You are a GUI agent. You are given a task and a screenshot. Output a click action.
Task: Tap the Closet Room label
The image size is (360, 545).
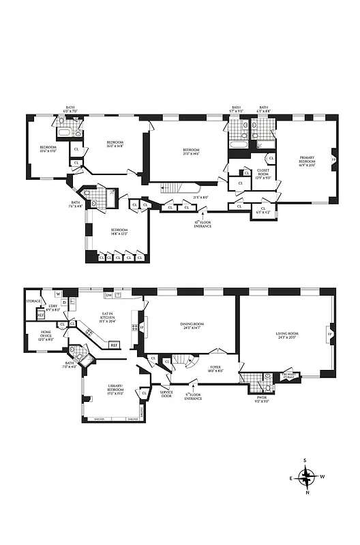point(262,173)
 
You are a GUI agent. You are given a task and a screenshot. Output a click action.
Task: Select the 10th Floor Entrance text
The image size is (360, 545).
point(202,223)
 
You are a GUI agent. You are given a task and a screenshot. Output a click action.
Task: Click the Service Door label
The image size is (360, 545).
point(166,394)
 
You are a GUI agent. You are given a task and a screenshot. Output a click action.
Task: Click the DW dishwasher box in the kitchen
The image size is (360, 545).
point(108,295)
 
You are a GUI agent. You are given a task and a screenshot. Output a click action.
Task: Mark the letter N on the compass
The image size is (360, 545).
point(308,493)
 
